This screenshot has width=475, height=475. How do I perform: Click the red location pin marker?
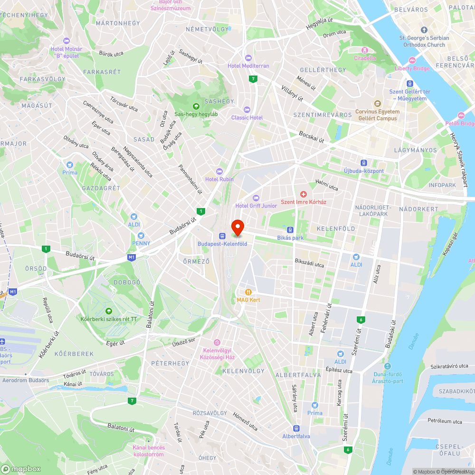tap(237, 227)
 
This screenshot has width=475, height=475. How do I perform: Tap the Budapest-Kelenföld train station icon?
tap(222, 236)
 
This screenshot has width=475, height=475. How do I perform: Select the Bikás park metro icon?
tap(290, 230)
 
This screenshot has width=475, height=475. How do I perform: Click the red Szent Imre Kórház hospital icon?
tap(304, 194)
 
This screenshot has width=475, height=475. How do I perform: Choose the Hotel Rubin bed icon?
tap(219, 171)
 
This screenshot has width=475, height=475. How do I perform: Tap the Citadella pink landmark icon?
tap(365, 50)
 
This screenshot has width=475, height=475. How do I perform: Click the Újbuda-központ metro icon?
tap(364, 162)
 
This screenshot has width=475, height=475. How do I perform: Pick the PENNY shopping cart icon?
tap(141, 236)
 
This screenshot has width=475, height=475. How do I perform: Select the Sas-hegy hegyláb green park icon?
tap(196, 106)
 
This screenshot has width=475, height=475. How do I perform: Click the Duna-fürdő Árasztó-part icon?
tap(388, 366)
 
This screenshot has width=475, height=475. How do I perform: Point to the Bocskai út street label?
tap(312, 137)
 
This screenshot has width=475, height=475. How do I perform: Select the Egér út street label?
tap(115, 342)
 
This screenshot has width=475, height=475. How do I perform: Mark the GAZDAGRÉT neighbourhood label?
tap(101, 188)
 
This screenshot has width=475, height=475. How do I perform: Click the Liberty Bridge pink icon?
tap(412, 60)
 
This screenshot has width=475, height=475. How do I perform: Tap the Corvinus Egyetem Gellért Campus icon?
tap(378, 103)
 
